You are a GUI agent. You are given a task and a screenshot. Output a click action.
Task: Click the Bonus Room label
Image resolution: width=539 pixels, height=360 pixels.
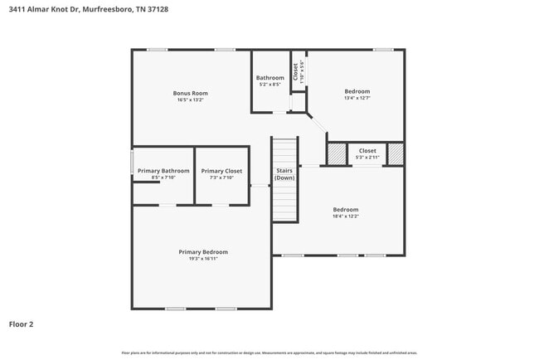tap(190, 93)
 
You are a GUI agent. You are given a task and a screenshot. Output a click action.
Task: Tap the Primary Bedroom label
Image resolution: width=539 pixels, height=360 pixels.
tap(203, 251)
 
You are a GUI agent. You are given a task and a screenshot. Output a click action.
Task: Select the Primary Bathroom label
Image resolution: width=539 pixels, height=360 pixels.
tap(163, 171)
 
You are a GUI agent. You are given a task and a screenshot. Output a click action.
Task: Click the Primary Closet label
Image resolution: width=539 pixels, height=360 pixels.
tap(221, 171)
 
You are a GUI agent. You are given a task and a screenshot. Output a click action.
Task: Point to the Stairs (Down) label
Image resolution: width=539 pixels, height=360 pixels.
tap(284, 174)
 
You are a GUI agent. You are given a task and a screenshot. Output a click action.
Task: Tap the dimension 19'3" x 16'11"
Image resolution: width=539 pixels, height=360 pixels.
tap(203, 259)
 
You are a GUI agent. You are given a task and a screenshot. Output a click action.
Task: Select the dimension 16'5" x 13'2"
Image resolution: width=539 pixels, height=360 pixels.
tap(190, 100)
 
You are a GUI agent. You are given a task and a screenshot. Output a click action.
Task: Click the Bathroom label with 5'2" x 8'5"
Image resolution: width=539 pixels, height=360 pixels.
tap(269, 78)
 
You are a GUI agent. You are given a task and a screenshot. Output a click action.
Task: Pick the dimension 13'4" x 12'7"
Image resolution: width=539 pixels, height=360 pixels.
tap(357, 98)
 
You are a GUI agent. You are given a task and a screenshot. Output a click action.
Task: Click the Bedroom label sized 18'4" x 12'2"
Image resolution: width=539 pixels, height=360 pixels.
tap(346, 209)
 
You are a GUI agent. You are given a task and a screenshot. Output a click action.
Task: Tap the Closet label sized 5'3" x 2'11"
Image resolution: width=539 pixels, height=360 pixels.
tap(367, 151)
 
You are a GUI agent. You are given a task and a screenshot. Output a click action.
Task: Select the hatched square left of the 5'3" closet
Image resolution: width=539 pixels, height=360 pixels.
tap(337, 154)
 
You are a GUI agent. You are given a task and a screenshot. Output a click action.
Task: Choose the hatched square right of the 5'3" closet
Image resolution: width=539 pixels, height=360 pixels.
tap(396, 154)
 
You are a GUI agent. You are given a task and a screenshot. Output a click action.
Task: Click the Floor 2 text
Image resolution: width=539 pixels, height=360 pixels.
tap(22, 324)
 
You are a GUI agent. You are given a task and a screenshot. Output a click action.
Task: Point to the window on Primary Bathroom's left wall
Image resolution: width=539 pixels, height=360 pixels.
tap(132, 162)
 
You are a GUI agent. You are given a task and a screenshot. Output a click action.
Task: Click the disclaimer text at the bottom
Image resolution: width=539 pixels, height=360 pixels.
tap(269, 353)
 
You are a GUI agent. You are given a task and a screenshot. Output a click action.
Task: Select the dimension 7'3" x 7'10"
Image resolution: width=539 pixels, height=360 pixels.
tap(221, 178)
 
